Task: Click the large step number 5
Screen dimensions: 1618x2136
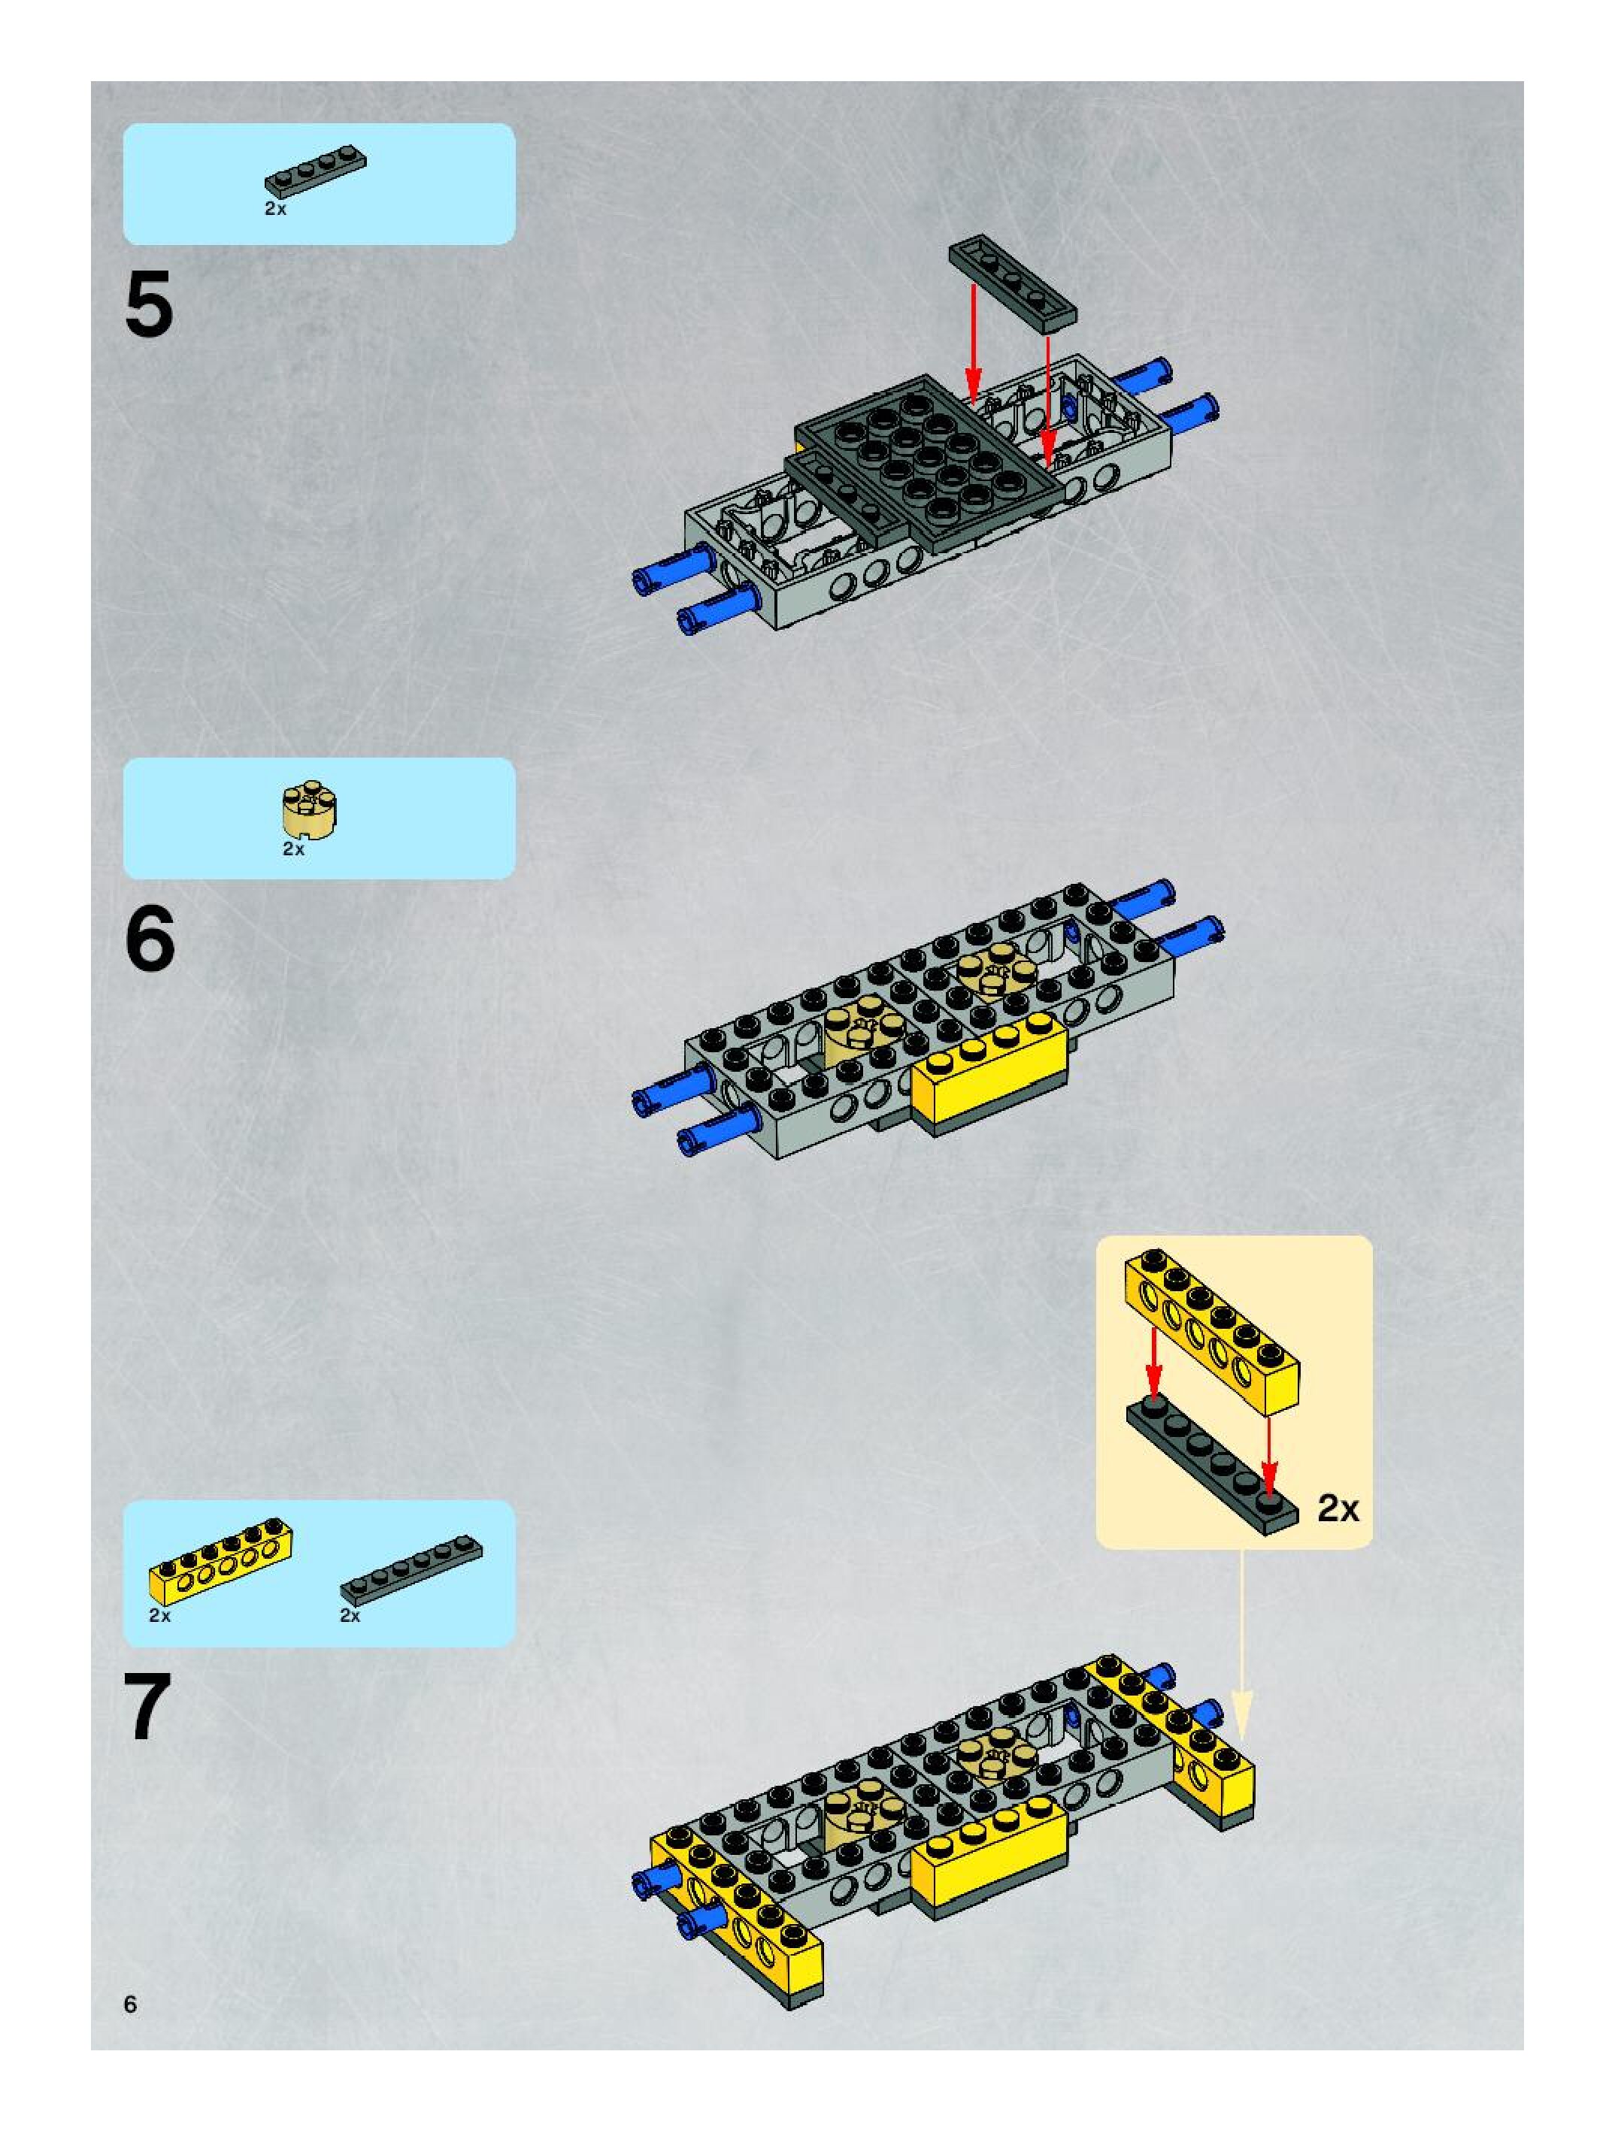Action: point(149,305)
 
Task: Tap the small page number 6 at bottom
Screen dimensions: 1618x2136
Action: point(130,2004)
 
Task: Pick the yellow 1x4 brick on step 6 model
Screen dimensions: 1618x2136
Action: point(989,1074)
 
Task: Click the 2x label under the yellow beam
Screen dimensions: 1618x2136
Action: point(159,1615)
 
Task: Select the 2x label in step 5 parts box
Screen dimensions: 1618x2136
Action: point(275,209)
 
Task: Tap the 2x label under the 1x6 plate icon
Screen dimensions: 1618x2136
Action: point(350,1615)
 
